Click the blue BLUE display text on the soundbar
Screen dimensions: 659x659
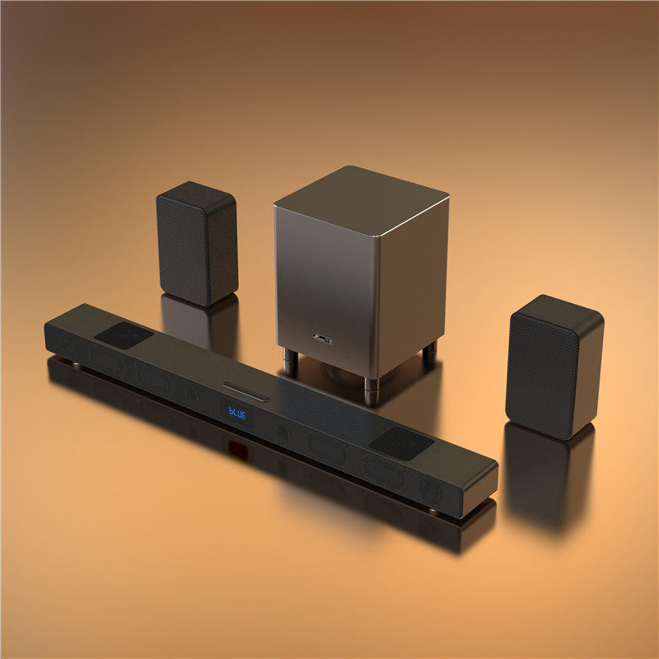tap(237, 414)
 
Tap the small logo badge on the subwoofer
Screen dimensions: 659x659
tap(322, 338)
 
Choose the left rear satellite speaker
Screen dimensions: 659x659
tap(197, 243)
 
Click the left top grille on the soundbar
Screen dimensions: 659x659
tap(124, 334)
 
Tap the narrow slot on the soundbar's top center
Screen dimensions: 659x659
tap(246, 390)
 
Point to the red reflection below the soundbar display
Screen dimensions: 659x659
tap(237, 448)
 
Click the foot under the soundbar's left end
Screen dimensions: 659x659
tap(76, 363)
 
